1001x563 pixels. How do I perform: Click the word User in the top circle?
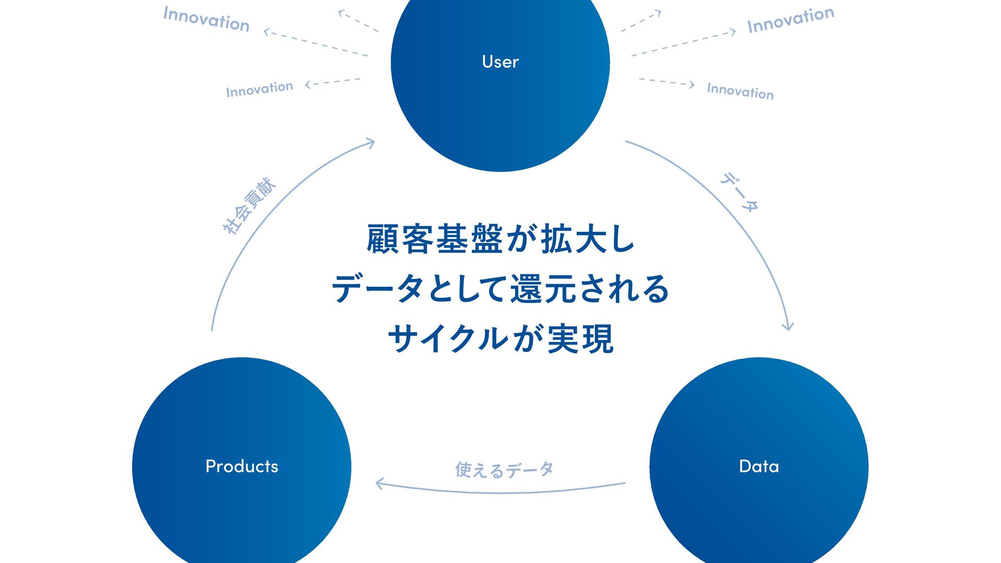[500, 62]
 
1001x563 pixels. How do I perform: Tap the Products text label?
[242, 466]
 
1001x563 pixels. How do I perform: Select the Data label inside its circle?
[759, 466]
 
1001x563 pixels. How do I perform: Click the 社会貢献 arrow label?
[249, 206]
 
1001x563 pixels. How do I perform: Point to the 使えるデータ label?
[504, 470]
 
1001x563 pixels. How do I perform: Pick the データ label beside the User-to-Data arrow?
[739, 192]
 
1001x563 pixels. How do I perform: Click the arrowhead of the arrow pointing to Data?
[788, 327]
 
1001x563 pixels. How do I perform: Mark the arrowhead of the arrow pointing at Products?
[380, 484]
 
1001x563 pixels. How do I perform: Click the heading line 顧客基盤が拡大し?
[500, 239]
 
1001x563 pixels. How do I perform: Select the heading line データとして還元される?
[500, 289]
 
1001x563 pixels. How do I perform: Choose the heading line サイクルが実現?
[500, 338]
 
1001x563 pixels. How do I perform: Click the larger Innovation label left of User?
[206, 19]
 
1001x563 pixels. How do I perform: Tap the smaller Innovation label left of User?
[259, 89]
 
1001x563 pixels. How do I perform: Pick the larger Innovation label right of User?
[790, 20]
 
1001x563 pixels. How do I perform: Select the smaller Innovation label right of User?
[740, 91]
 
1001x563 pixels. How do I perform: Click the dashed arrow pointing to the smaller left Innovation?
[333, 82]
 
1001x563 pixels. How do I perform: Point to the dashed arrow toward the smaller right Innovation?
[667, 82]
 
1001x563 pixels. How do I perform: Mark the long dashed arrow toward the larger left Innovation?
[316, 43]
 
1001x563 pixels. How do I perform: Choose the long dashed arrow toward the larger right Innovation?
[683, 43]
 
